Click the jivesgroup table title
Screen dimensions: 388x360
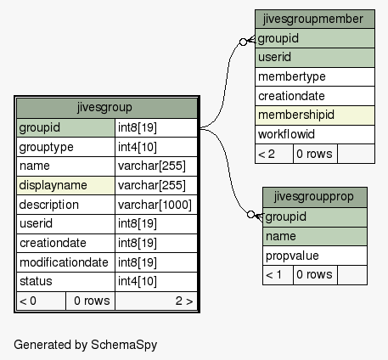[104, 108]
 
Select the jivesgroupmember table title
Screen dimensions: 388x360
[313, 20]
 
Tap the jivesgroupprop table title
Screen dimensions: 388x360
[313, 196]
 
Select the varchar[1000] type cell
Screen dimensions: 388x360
[155, 205]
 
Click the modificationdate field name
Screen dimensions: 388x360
[64, 262]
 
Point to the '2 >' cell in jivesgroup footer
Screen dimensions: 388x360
[156, 301]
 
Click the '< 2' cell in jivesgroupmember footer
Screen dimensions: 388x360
[274, 154]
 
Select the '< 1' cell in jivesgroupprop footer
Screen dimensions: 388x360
[278, 275]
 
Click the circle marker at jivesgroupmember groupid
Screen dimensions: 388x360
[243, 42]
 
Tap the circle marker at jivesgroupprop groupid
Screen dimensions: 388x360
[250, 215]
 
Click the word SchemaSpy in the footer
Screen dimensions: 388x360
[124, 345]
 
